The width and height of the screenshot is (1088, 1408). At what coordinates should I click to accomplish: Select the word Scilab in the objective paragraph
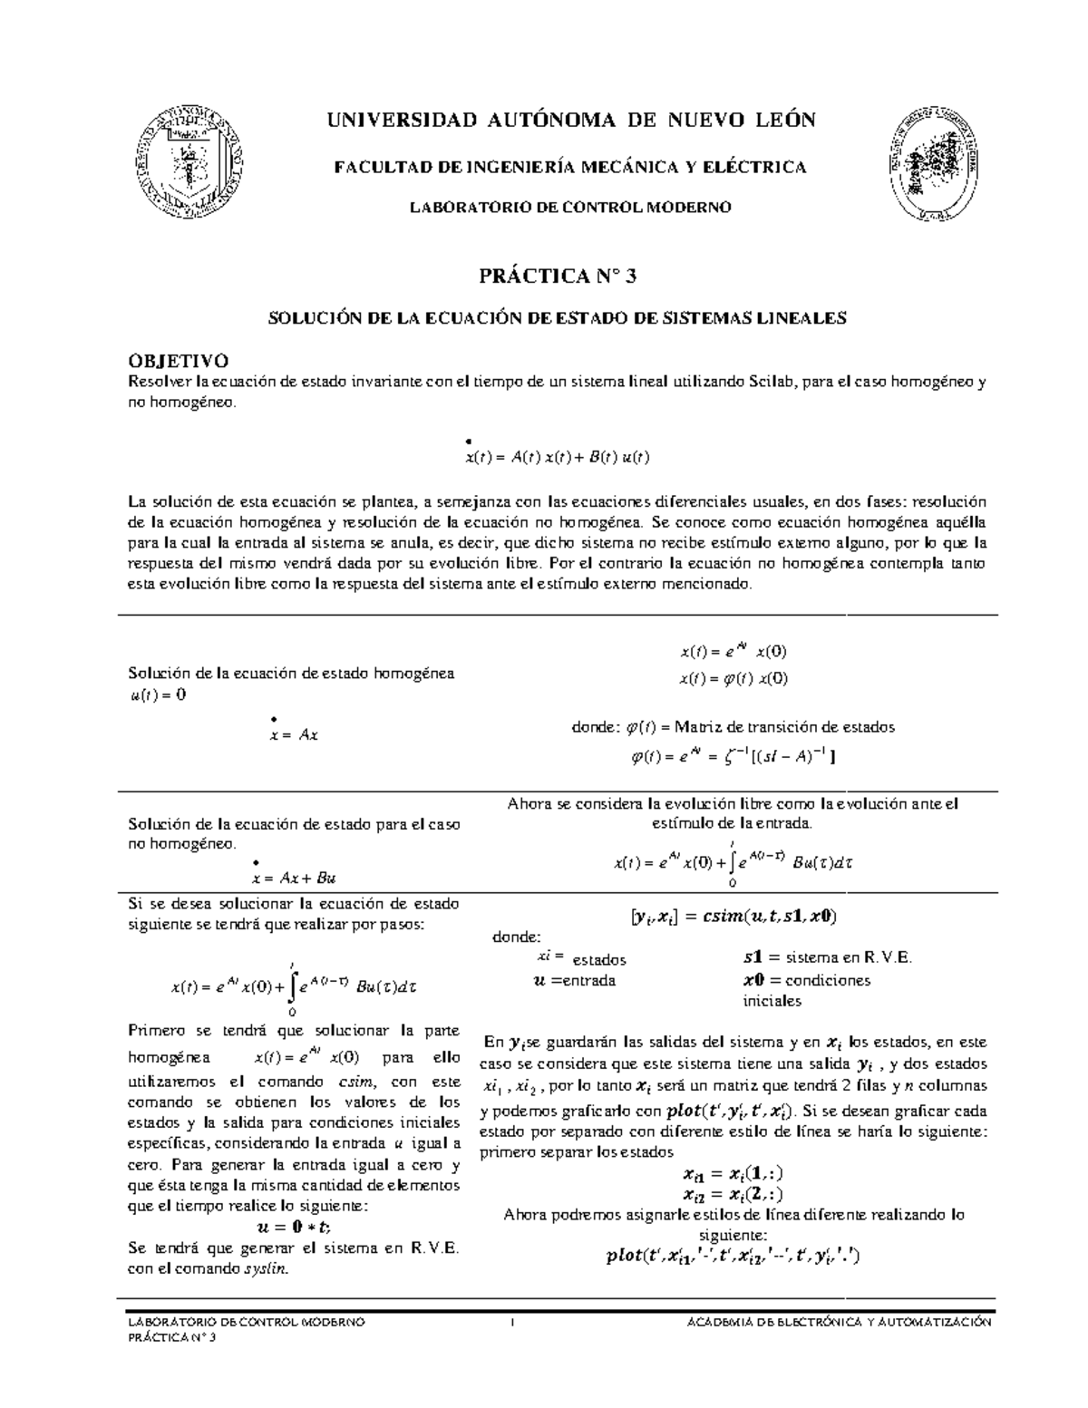coord(770,382)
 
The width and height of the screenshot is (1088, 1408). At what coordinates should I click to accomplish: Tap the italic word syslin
coord(267,1269)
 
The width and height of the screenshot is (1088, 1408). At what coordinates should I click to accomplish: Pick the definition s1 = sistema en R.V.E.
coord(827,958)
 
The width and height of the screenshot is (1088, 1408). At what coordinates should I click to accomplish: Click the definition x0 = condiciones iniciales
coord(805,990)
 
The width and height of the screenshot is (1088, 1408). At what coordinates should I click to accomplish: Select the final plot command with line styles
coord(732,1257)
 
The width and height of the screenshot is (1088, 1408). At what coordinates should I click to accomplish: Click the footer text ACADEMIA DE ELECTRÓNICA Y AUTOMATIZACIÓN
coord(841,1323)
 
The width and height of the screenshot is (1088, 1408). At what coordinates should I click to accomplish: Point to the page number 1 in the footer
coord(513,1323)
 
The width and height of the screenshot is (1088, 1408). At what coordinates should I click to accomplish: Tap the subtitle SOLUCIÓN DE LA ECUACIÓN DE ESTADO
coord(558,318)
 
